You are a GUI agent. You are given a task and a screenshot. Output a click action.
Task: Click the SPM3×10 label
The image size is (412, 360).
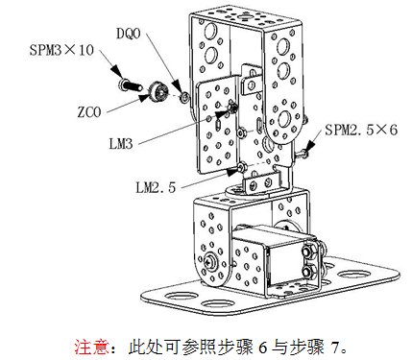click(61, 50)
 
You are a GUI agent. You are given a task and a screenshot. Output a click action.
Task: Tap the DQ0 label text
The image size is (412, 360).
click(128, 33)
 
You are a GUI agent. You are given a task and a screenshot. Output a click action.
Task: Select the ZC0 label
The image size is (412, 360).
click(89, 112)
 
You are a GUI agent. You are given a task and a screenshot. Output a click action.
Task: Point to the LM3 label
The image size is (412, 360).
click(121, 144)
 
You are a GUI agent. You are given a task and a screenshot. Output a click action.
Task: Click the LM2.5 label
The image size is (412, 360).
click(156, 187)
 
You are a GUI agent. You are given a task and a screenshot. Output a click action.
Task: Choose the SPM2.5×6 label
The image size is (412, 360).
click(361, 130)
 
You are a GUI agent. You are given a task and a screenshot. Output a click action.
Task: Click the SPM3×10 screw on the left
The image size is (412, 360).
click(131, 84)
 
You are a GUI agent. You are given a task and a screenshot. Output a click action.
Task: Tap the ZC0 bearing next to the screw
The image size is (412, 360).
click(158, 91)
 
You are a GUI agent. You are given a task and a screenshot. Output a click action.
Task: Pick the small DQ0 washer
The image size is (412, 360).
click(184, 97)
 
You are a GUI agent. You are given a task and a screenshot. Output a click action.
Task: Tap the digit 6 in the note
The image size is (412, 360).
click(262, 348)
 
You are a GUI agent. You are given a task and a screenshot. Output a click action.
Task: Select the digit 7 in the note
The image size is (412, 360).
click(335, 348)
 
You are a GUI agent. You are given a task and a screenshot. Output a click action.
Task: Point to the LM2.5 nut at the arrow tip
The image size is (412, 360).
click(242, 166)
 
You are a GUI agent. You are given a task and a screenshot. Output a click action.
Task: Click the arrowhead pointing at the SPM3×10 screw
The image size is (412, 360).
click(116, 71)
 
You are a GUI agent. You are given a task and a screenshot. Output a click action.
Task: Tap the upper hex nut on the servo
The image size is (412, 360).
click(309, 252)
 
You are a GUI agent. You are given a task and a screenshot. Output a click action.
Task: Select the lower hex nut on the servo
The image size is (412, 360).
click(308, 272)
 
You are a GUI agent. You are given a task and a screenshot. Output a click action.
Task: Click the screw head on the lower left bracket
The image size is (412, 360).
click(210, 261)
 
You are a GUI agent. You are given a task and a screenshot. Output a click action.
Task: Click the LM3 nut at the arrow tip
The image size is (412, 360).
click(232, 108)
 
